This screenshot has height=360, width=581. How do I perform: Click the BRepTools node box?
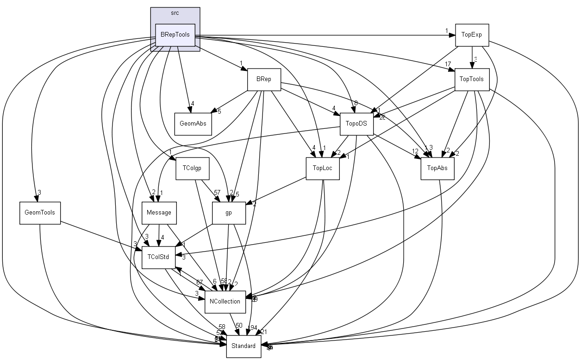click(x=175, y=35)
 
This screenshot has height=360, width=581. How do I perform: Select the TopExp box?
click(x=472, y=35)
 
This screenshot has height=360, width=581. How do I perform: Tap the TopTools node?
click(x=471, y=79)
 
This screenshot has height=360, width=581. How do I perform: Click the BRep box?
click(x=264, y=79)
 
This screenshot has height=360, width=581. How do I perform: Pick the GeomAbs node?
click(x=193, y=124)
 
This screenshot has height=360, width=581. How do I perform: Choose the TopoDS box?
click(x=356, y=124)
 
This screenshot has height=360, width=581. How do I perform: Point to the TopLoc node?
click(x=323, y=168)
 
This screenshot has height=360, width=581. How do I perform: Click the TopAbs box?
click(x=437, y=168)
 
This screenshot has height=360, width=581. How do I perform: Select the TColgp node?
click(x=192, y=168)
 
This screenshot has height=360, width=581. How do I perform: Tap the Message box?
click(x=159, y=213)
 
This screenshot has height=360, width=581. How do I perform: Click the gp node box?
click(x=228, y=213)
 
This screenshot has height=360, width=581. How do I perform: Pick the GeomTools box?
click(x=40, y=213)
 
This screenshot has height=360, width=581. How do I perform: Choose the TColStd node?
click(x=158, y=257)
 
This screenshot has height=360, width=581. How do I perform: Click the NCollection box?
click(x=225, y=302)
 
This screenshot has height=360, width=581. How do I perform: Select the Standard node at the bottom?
click(x=244, y=346)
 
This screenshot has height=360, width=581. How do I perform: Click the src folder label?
click(x=175, y=13)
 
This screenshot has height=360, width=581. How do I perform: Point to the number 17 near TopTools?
click(x=448, y=64)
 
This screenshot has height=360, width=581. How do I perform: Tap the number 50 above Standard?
click(x=239, y=326)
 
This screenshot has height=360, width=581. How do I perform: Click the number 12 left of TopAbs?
click(x=415, y=152)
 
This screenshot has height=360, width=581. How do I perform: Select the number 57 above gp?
click(x=217, y=192)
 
